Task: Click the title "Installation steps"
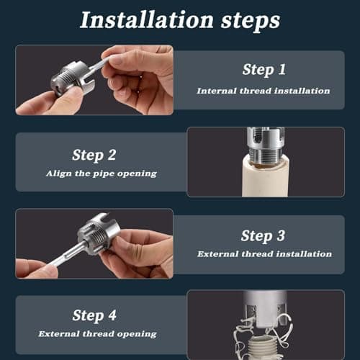point(179,19)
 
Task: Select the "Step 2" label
point(95,154)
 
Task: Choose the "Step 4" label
point(95,315)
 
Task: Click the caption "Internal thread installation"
point(263,91)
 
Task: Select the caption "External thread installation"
point(264,254)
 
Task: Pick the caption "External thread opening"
point(97,333)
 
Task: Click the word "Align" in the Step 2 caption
point(59,174)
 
